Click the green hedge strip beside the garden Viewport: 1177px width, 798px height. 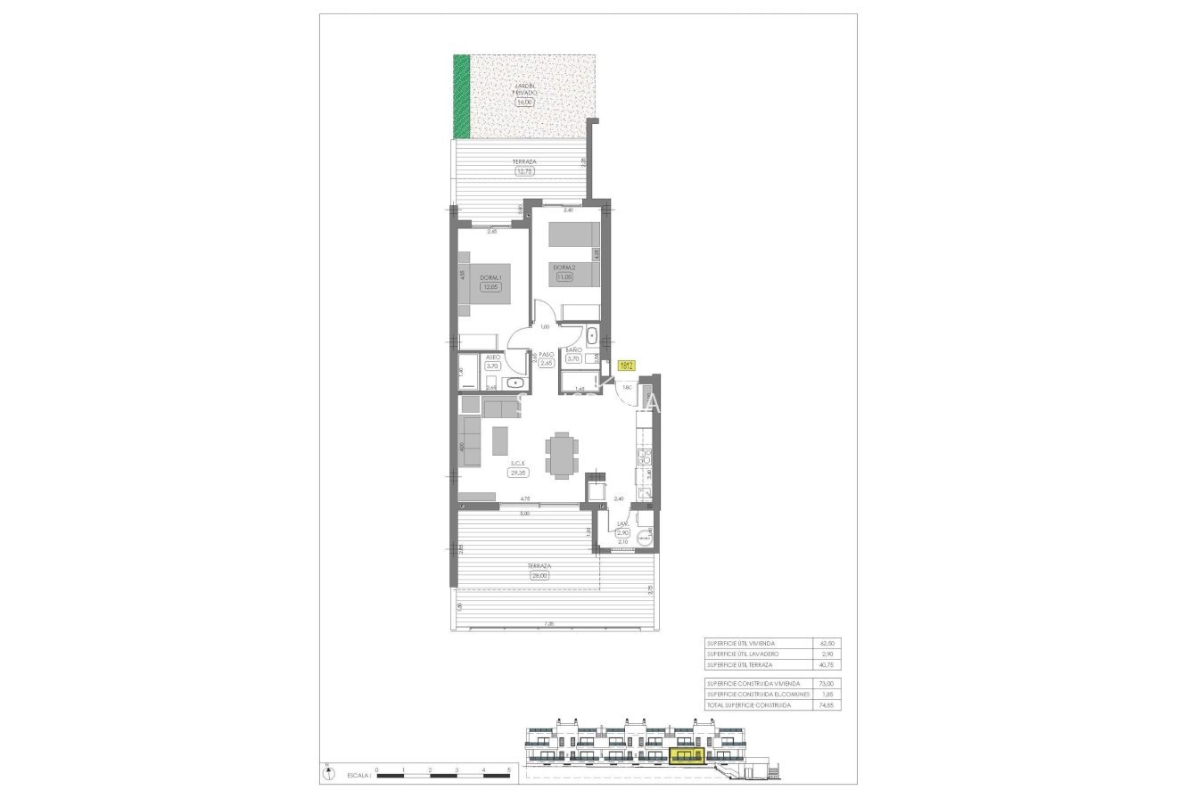(461, 96)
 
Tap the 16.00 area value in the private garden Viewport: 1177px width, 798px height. (524, 102)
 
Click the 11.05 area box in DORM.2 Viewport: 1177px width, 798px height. (564, 277)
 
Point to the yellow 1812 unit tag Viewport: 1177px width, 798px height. (626, 365)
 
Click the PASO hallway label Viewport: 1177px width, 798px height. (547, 354)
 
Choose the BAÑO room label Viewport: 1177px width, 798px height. (573, 350)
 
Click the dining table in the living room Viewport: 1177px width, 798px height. (561, 455)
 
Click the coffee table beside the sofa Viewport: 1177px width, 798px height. (500, 440)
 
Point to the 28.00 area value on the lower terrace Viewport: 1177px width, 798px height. (539, 575)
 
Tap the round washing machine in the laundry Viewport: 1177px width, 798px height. (646, 537)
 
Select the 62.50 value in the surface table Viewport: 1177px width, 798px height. (823, 643)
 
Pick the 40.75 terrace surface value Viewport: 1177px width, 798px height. (823, 665)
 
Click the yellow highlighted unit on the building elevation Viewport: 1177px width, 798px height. (687, 758)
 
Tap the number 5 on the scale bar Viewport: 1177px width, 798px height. (508, 769)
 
